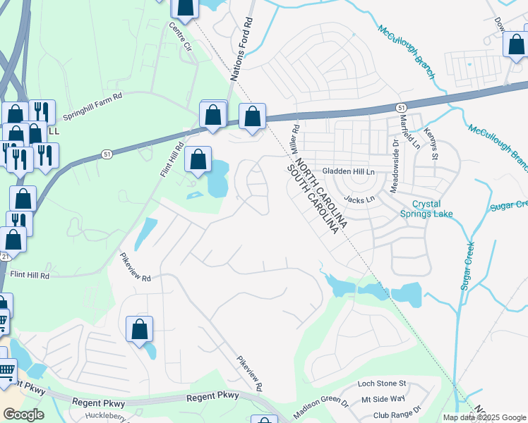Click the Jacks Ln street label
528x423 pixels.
click(361, 200)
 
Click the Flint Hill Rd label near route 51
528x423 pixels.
click(171, 159)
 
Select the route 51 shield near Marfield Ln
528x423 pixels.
click(401, 106)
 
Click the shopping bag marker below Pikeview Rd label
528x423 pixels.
click(140, 329)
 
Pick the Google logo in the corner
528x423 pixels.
click(23, 415)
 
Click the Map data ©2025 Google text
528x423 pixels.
click(485, 417)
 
